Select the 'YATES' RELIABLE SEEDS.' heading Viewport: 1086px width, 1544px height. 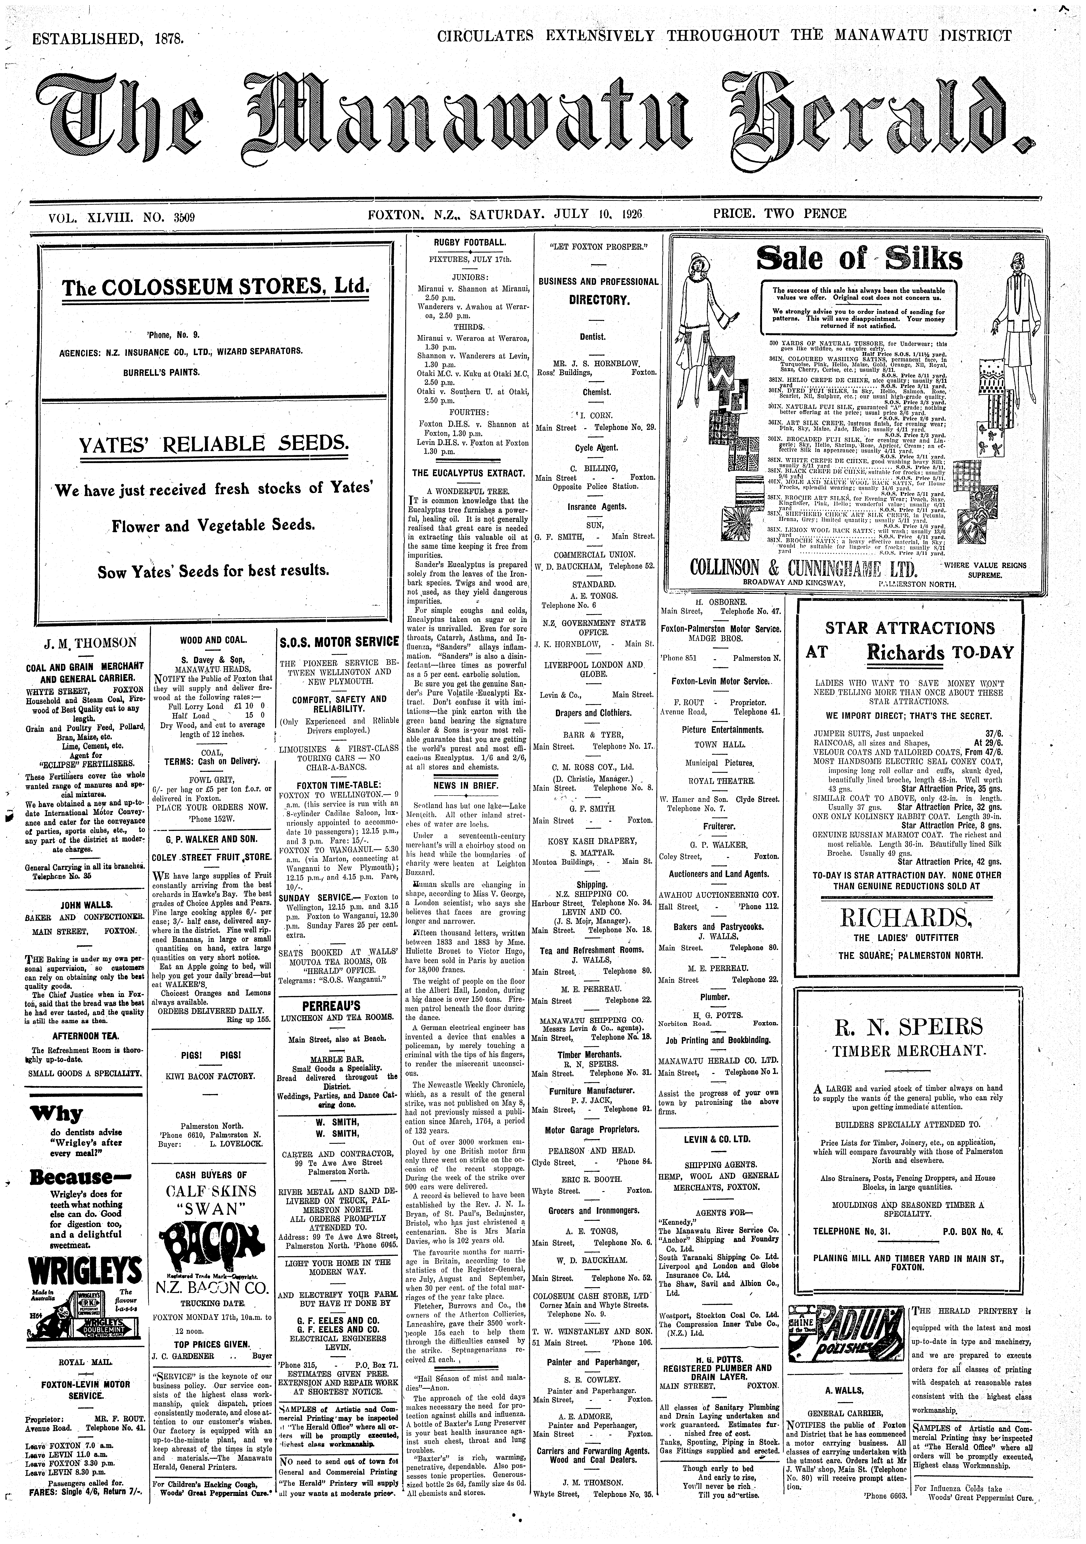click(x=214, y=445)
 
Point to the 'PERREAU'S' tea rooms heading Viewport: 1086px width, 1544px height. click(x=338, y=1007)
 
